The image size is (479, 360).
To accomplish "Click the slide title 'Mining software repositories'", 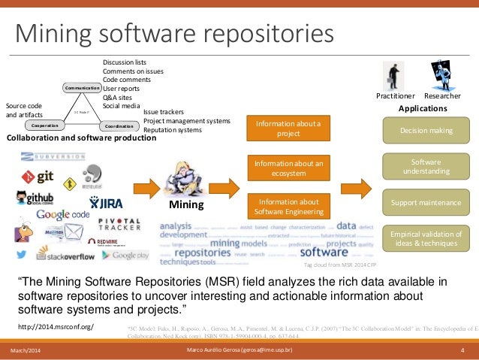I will tap(175, 33).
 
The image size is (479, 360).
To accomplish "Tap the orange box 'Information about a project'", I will tap(288, 128).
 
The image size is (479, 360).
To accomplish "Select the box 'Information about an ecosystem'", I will tap(288, 168).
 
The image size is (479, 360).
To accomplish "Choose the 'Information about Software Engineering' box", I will tap(288, 206).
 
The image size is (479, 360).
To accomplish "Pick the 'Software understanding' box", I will tap(426, 166).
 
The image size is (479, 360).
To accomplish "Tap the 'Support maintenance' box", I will tap(426, 203).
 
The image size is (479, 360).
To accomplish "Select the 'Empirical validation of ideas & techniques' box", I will tap(426, 239).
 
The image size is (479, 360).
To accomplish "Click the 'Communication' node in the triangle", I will tap(83, 88).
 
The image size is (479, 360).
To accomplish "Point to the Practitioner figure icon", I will tap(394, 75).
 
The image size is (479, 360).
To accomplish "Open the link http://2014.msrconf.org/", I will tap(55, 326).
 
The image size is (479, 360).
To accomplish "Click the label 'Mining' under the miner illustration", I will tap(185, 204).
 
